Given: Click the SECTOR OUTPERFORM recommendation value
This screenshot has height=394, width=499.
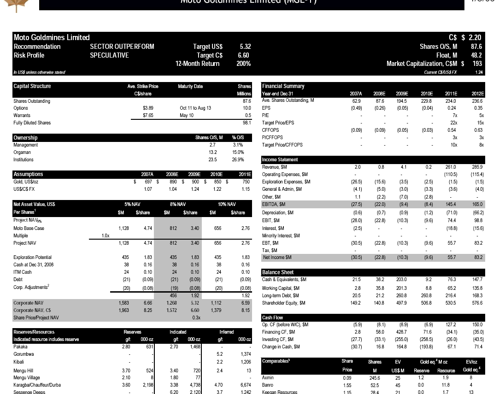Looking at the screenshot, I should coord(122,47).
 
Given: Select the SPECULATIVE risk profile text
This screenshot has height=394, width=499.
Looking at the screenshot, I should coord(109,55).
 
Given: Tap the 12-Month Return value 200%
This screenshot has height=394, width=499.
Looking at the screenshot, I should coord(243,64).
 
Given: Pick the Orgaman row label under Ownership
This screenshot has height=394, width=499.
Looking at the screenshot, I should coord(22,152).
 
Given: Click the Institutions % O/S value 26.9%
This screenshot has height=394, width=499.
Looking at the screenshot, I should coord(237,159).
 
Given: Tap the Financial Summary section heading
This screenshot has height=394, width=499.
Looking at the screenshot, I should coord(283,86).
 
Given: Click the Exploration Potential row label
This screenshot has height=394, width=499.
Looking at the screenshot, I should coord(32,257).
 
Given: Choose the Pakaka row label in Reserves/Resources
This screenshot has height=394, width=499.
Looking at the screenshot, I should coord(20,347).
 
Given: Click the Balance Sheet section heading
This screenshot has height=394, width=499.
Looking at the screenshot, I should coord(278,272).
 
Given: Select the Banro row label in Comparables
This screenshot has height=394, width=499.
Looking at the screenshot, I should coord(268,385).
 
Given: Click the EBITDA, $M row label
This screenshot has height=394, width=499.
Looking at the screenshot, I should coord(274,204).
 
